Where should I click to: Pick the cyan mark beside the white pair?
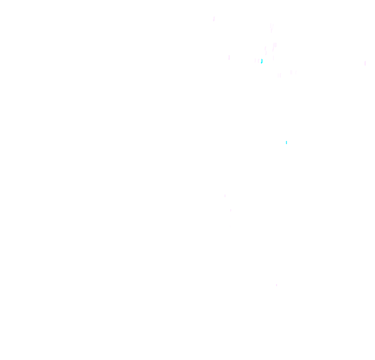[261, 61]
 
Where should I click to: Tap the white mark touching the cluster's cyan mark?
[258, 61]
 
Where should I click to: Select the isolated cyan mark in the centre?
[286, 142]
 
